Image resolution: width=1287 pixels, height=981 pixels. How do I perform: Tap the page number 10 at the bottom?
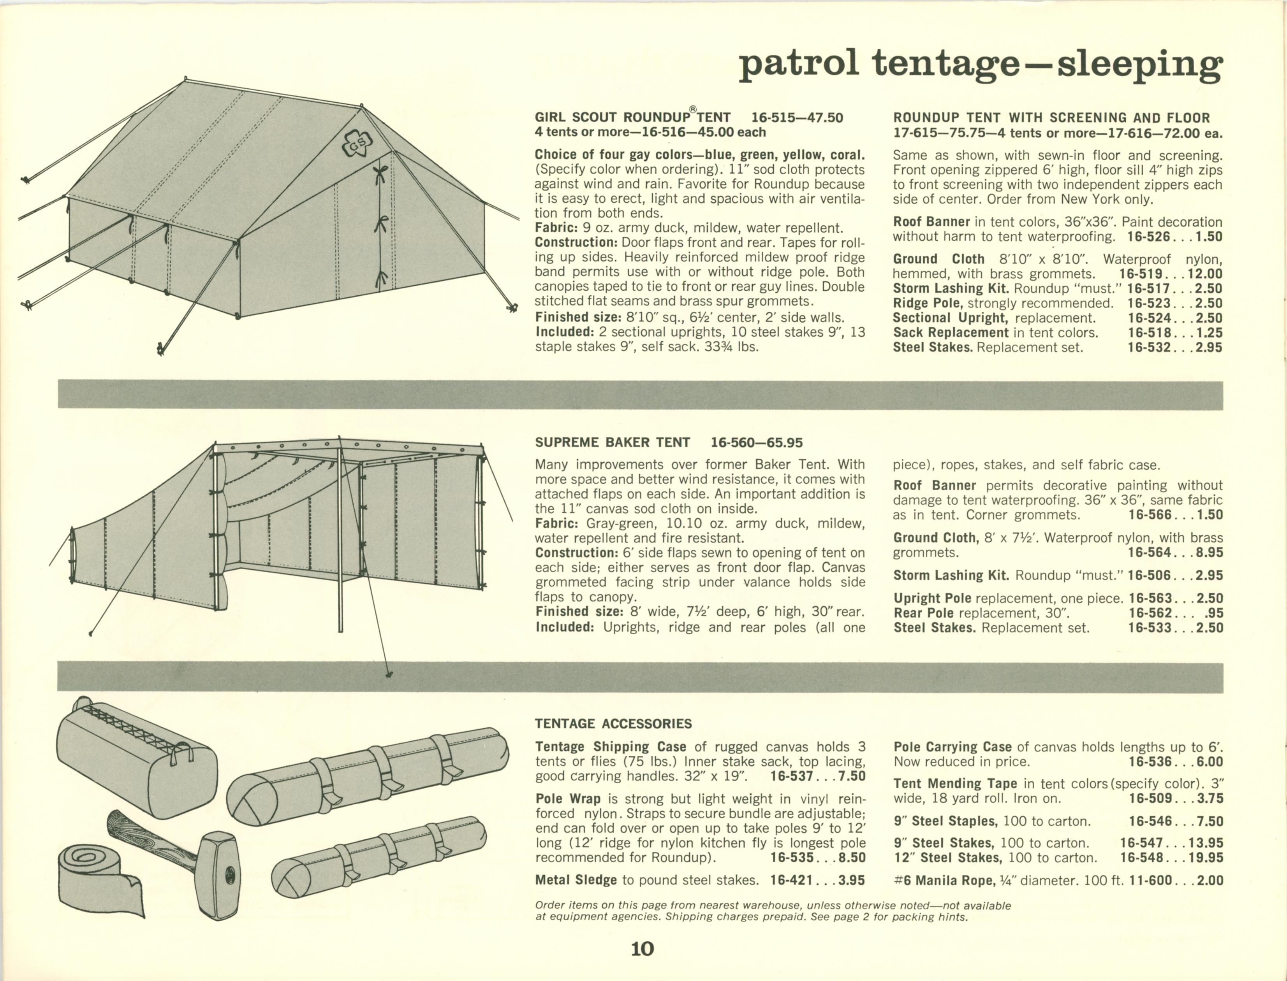point(642,949)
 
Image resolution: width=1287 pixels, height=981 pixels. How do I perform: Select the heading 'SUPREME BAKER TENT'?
point(612,442)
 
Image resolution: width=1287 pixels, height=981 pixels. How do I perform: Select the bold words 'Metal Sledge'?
point(576,880)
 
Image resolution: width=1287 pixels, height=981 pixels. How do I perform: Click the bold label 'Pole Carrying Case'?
point(952,747)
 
